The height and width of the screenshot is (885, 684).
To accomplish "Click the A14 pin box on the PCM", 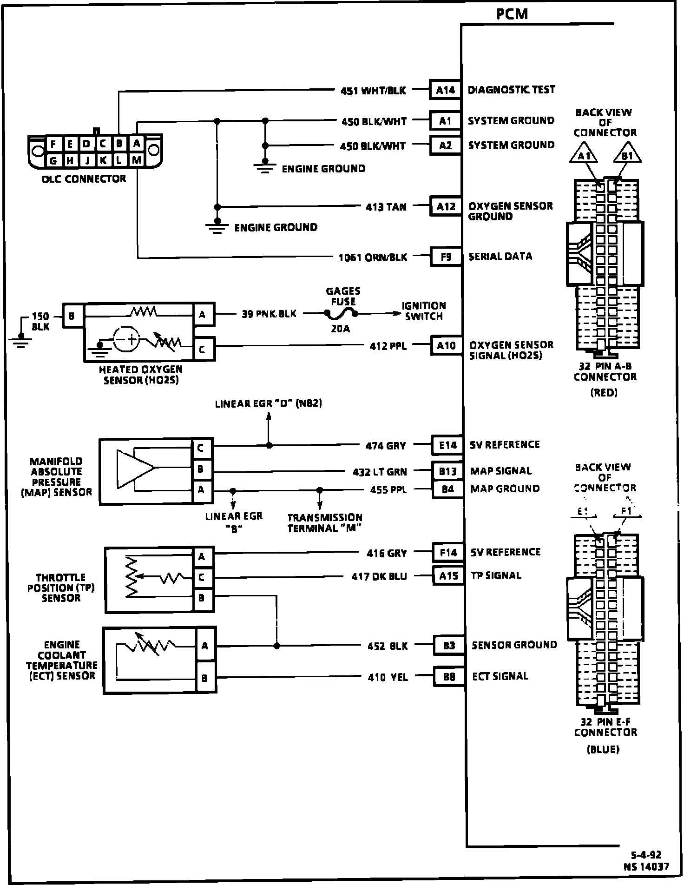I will (x=445, y=90).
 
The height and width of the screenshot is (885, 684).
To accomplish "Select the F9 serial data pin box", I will (x=446, y=257).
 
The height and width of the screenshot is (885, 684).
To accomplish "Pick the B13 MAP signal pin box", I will (x=448, y=471).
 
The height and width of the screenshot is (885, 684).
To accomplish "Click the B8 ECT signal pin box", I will (x=449, y=677).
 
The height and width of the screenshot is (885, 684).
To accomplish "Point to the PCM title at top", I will (x=512, y=14).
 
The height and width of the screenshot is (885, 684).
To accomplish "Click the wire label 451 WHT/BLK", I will (x=373, y=91).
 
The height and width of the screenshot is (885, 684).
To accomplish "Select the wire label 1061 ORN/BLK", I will (x=373, y=257).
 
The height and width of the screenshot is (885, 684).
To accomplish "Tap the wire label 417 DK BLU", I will (x=379, y=576).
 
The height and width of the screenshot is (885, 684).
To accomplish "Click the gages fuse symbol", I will (x=342, y=315).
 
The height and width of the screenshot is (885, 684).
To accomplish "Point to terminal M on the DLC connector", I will (x=136, y=160).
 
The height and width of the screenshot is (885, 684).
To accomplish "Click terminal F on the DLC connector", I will (x=53, y=144).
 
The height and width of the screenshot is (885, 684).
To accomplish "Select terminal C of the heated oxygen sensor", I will (x=203, y=350).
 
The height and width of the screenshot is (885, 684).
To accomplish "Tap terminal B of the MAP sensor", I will (x=201, y=469).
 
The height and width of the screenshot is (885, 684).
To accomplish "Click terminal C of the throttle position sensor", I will (x=202, y=577).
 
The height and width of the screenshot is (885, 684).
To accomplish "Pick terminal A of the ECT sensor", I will (x=204, y=646).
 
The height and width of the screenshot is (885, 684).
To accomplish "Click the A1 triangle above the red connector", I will (x=584, y=156).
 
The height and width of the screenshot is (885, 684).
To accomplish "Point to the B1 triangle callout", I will (x=626, y=156).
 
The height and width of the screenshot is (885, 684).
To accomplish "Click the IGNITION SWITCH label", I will (x=424, y=311).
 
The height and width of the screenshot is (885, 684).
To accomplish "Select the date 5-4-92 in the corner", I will (x=646, y=855).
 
